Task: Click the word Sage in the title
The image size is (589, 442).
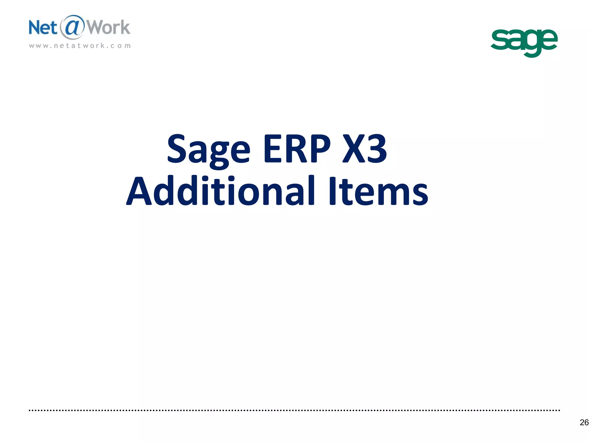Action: point(209,150)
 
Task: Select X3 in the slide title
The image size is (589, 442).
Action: point(365,148)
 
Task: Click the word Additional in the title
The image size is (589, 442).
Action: point(221,191)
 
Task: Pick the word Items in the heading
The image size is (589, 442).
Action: point(378,191)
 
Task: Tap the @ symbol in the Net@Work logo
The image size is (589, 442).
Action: point(72,27)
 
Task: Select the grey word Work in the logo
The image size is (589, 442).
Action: point(108,28)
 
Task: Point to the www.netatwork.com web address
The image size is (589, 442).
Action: point(80,46)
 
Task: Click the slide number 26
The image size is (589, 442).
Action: point(584,422)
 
